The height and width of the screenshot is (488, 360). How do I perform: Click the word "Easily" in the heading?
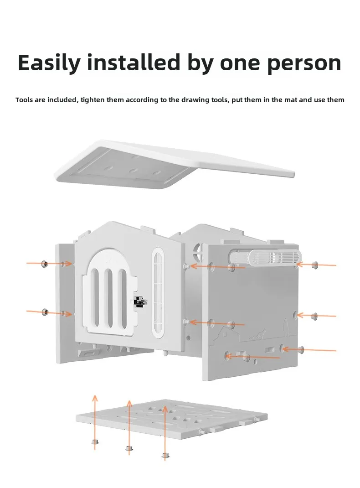[x=49, y=63]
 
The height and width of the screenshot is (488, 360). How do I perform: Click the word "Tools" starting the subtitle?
[x=24, y=100]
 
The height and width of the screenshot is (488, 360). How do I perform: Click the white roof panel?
[x=175, y=163]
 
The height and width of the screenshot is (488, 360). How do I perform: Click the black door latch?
[x=139, y=301]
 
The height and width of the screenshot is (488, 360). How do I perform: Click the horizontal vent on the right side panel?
[x=275, y=258]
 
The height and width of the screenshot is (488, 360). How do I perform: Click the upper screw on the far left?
[x=45, y=264]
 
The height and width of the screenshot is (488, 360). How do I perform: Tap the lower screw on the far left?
[x=45, y=311]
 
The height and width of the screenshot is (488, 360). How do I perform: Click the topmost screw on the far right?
[x=314, y=265]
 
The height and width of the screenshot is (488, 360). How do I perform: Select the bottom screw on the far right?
[x=301, y=349]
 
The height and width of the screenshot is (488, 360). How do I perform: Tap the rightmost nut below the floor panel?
[x=165, y=456]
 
